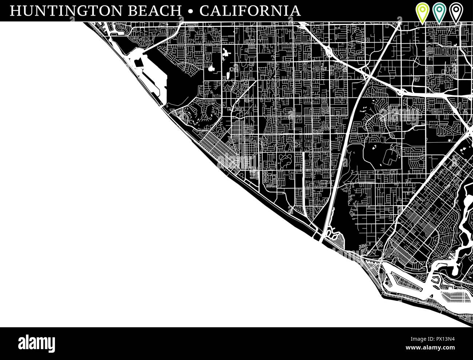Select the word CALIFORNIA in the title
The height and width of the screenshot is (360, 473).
click(250, 11)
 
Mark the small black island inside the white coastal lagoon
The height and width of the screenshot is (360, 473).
click(138, 63)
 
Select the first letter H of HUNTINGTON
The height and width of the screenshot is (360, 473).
click(15, 11)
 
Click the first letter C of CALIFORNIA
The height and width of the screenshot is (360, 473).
click(205, 11)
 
